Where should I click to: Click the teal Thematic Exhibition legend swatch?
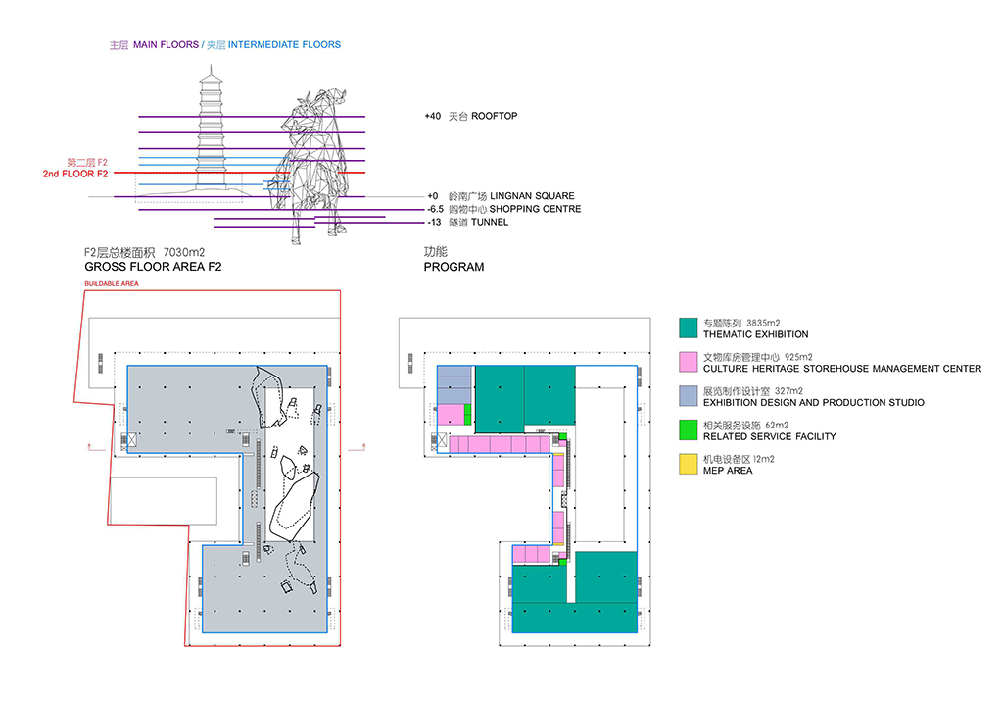tap(689, 327)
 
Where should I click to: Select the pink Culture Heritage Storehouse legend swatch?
tap(689, 362)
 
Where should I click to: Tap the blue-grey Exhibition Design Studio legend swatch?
tap(689, 396)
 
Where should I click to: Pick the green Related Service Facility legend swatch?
tap(689, 429)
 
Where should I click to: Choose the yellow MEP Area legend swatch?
tap(689, 464)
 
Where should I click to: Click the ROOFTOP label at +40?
tap(494, 116)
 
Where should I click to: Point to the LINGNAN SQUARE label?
tap(532, 196)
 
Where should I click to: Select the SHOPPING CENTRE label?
tap(536, 209)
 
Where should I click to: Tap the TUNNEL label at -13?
tap(490, 223)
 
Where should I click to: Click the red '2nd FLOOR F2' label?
tap(75, 174)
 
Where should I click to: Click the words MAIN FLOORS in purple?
tap(167, 45)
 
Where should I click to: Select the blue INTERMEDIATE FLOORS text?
tap(285, 45)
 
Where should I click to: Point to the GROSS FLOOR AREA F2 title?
tap(153, 267)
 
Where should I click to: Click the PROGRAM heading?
tap(454, 267)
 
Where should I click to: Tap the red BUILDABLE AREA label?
tap(112, 283)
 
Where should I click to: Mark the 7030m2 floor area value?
tap(184, 252)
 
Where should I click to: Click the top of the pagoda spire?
tap(212, 66)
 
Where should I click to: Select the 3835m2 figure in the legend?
tap(763, 323)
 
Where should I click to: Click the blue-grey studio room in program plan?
tap(454, 384)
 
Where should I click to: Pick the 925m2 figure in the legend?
tap(798, 357)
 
